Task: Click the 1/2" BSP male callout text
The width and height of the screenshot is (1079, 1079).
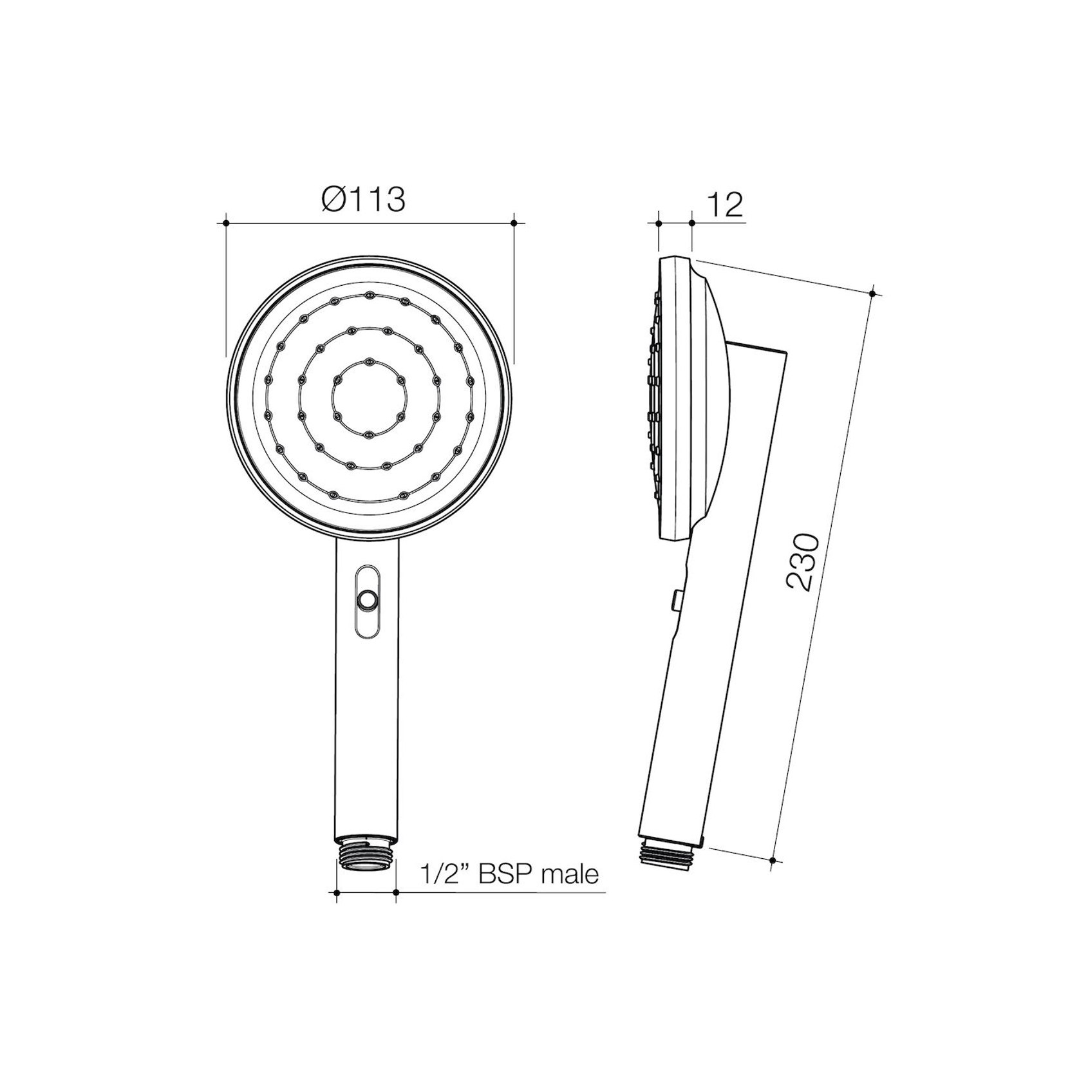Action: [x=509, y=874]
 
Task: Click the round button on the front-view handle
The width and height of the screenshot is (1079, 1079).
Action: [x=368, y=601]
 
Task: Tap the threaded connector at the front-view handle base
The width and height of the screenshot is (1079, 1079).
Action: [x=367, y=854]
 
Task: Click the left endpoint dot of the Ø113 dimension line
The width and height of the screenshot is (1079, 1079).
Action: [x=226, y=223]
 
